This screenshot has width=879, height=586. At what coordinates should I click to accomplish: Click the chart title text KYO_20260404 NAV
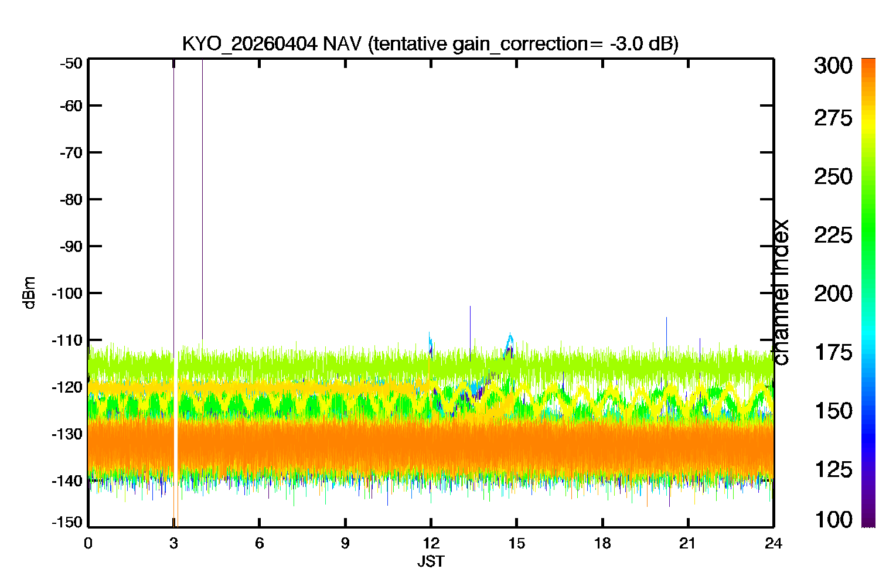[271, 43]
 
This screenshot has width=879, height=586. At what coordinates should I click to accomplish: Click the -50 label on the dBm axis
[71, 63]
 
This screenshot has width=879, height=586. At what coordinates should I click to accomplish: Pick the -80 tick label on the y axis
[71, 200]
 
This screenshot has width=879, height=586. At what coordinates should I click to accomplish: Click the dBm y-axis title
[29, 293]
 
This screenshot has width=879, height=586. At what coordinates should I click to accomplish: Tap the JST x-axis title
[431, 561]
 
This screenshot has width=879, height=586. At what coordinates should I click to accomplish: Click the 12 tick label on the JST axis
[431, 543]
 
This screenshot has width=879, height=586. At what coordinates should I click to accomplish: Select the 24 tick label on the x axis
[774, 543]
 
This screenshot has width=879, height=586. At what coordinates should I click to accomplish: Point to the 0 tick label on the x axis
[88, 543]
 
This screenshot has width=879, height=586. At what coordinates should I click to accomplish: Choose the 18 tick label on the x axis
[602, 543]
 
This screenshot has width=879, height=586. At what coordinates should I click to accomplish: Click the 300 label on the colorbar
[833, 66]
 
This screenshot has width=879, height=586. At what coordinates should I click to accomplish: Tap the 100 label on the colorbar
[833, 520]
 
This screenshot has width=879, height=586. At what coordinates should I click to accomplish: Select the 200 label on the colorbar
[833, 294]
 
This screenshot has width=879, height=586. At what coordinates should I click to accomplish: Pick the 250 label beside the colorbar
[833, 176]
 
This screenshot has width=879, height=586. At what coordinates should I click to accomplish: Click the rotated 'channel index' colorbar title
[780, 292]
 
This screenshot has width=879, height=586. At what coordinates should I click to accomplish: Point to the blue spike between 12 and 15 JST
[470, 333]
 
